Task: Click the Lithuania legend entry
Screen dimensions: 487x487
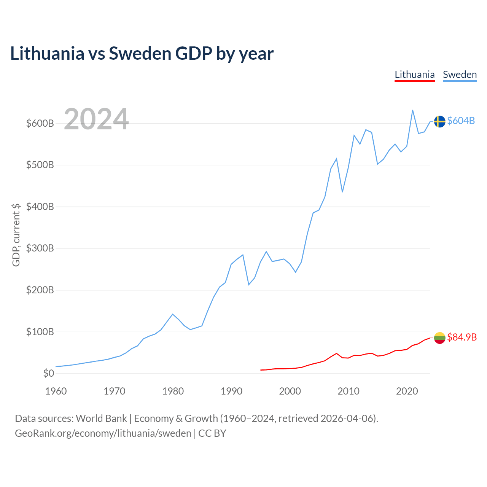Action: (x=414, y=75)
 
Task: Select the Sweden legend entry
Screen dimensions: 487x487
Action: (x=460, y=75)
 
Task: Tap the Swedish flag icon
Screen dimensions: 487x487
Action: (x=439, y=122)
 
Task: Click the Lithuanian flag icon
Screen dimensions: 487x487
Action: (x=439, y=337)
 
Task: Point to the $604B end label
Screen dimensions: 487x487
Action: (x=461, y=121)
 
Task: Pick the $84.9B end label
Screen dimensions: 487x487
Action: (x=462, y=337)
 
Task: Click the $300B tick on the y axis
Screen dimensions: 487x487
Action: (x=40, y=248)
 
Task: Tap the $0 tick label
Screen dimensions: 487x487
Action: (x=49, y=373)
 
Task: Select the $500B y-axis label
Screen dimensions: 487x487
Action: (x=40, y=165)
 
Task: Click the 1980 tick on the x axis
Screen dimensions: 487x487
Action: (x=173, y=391)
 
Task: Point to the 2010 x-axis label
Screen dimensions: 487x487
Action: (x=348, y=391)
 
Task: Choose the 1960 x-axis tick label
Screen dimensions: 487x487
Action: (x=56, y=391)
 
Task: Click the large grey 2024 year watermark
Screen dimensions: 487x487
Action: (x=96, y=119)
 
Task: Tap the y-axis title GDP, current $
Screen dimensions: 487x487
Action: (x=16, y=235)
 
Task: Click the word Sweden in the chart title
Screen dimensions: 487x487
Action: (x=140, y=54)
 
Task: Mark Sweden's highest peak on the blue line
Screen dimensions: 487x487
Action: (x=412, y=110)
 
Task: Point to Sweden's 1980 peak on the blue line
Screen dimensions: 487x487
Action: (x=173, y=314)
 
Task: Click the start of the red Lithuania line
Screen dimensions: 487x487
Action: (x=261, y=370)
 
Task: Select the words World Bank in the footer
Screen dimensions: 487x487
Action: (x=101, y=419)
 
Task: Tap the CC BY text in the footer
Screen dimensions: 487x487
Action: (x=212, y=433)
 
